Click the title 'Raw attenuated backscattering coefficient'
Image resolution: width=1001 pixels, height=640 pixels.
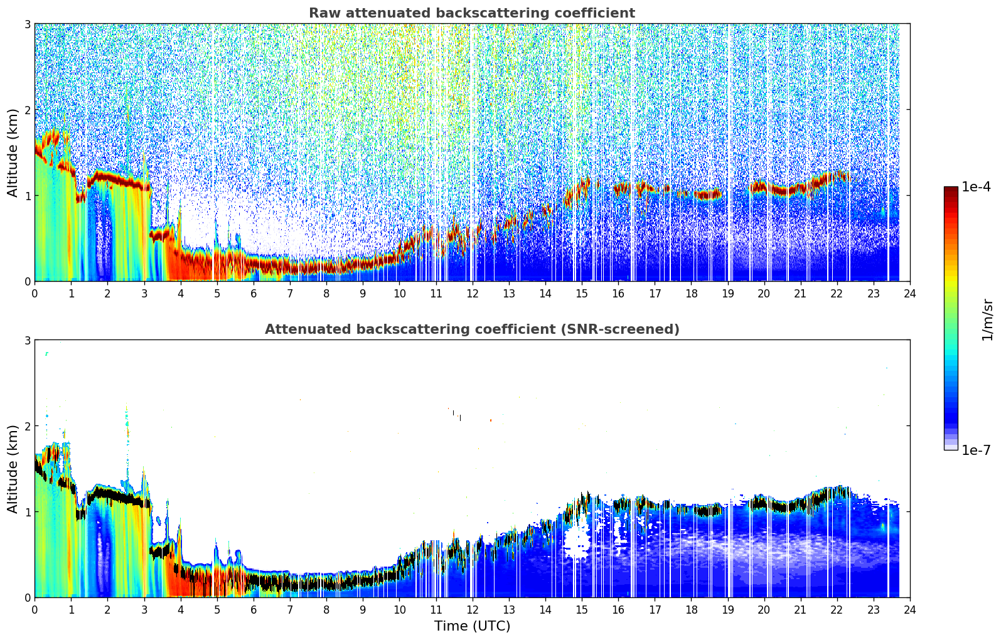tap(472, 13)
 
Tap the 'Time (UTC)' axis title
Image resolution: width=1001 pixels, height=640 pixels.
tap(472, 626)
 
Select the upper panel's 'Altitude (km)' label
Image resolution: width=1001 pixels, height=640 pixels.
tap(13, 152)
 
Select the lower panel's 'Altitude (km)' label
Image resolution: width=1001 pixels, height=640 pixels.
tap(13, 469)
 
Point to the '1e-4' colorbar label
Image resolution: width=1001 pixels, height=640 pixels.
tap(976, 187)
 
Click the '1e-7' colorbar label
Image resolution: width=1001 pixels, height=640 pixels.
tap(976, 450)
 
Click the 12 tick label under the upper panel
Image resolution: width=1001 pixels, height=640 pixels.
tap(473, 294)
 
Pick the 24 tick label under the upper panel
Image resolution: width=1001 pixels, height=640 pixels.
tap(910, 294)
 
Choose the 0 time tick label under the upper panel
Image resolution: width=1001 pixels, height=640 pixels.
tap(35, 294)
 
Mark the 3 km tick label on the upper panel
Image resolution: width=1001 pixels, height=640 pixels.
tap(27, 24)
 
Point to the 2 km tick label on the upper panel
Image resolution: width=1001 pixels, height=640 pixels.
tap(27, 110)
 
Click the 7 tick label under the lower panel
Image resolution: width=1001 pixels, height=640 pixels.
tap(290, 610)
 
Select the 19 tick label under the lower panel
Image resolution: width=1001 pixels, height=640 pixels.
tap(727, 610)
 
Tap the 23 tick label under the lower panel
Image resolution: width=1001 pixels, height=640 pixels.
tap(874, 610)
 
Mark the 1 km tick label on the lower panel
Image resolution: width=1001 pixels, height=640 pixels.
tap(27, 512)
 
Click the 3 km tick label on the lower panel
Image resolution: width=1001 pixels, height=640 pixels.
tap(27, 341)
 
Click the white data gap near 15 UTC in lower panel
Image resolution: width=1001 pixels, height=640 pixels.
tap(577, 542)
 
